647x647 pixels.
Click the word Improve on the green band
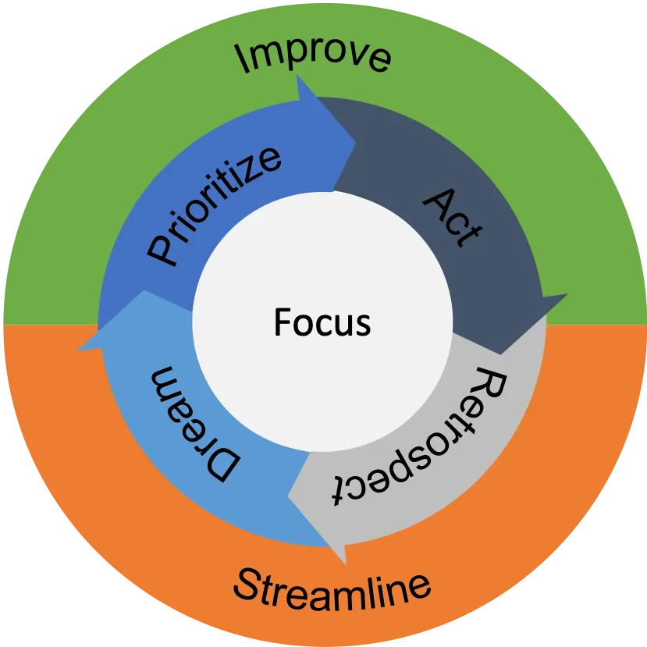pyautogui.click(x=314, y=56)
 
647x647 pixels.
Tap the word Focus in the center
pyautogui.click(x=322, y=322)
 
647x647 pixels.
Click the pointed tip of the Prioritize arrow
pyautogui.click(x=355, y=141)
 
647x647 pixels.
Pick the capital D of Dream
pyautogui.click(x=223, y=465)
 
